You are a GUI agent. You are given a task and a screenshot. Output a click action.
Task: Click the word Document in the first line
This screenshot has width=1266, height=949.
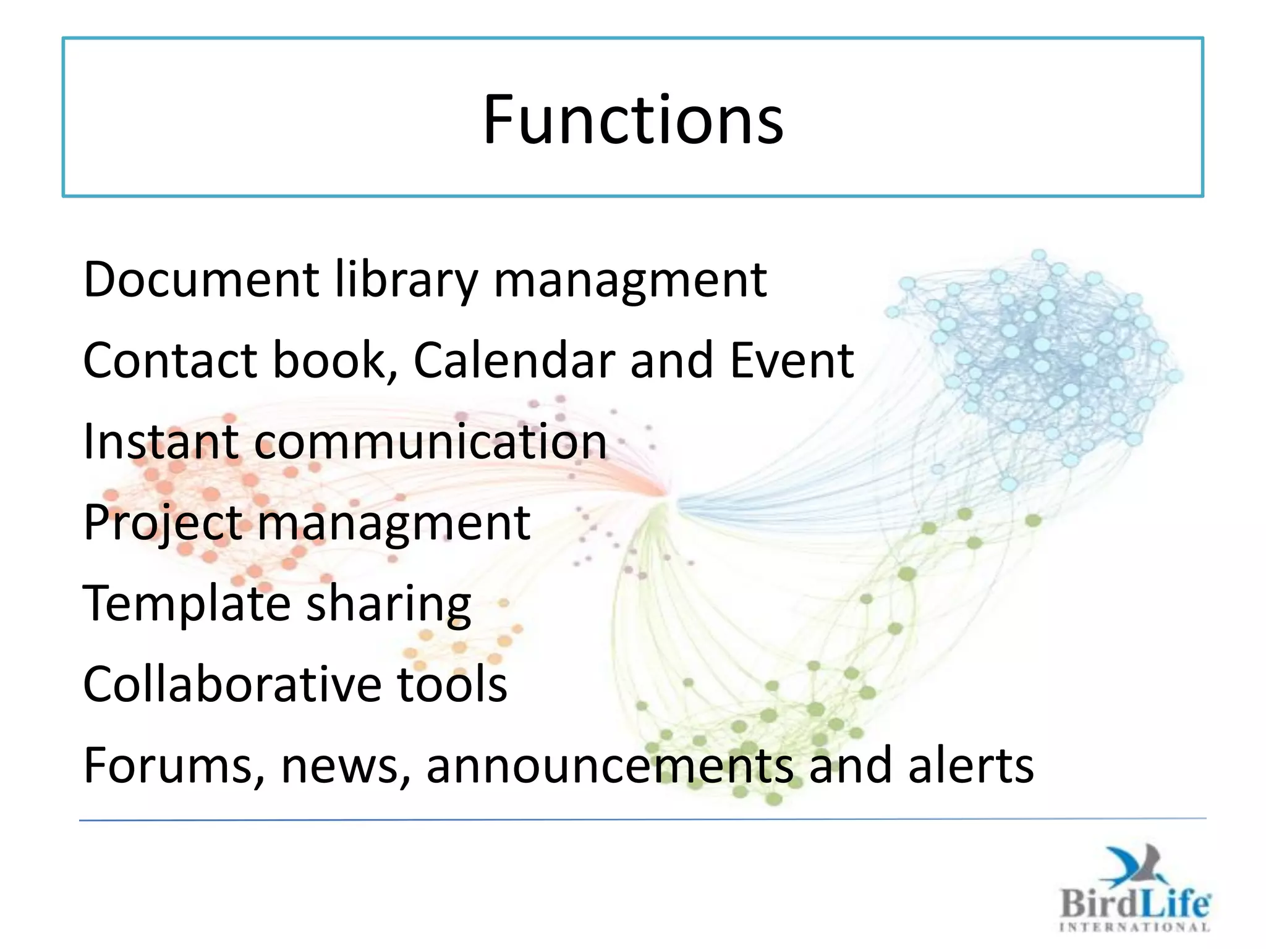click(201, 279)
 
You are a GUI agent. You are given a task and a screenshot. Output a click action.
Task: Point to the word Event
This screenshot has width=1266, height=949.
click(792, 360)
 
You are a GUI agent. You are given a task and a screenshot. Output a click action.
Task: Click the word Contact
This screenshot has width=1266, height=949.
click(170, 360)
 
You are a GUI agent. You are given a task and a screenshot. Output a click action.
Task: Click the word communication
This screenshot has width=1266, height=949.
click(431, 442)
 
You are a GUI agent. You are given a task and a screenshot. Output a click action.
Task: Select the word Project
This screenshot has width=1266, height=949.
click(163, 524)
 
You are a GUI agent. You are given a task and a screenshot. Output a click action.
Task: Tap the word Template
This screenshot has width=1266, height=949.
click(187, 604)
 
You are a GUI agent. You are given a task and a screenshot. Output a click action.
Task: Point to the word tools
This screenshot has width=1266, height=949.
click(452, 685)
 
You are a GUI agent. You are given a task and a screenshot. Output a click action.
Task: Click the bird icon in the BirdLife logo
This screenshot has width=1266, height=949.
click(1134, 865)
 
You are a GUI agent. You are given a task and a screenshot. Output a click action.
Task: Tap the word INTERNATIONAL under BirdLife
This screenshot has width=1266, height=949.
click(1134, 927)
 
